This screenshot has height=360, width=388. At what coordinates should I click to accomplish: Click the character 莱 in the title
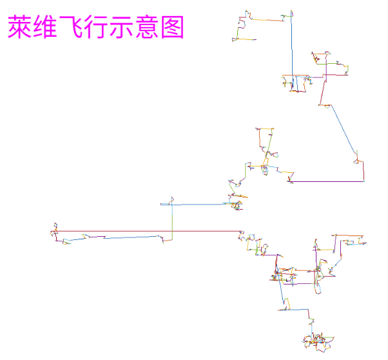click(20, 26)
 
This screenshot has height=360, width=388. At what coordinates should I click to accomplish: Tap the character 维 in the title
click(45, 26)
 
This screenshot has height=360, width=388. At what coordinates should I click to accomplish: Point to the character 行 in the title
click(96, 26)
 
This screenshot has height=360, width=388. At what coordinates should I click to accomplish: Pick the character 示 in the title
click(121, 26)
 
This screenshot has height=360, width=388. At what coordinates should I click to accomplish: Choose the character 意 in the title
click(147, 26)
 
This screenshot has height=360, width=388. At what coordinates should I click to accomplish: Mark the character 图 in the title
click(173, 26)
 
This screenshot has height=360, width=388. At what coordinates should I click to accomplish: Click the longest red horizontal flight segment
click(148, 232)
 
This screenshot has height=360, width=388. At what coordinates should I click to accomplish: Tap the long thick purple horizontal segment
click(327, 181)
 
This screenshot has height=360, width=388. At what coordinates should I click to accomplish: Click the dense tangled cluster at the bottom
click(318, 341)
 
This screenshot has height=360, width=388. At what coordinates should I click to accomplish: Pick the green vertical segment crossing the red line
click(172, 223)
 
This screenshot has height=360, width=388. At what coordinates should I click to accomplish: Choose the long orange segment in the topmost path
click(267, 20)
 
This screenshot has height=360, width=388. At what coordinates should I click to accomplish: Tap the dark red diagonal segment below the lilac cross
click(322, 90)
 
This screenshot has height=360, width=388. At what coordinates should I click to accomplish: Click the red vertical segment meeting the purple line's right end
click(364, 172)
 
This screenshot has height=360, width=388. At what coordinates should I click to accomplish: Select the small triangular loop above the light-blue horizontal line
click(171, 201)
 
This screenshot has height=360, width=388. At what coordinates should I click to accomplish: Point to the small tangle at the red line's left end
click(54, 232)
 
